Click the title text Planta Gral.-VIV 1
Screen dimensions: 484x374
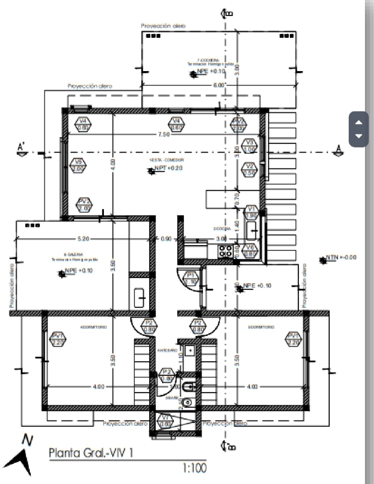[91, 453]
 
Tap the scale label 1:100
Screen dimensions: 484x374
[195, 468]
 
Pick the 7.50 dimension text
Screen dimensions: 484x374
[164, 135]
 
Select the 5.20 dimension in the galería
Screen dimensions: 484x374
[83, 239]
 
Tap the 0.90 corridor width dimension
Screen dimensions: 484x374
[166, 239]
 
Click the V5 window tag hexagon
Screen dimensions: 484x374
[78, 166]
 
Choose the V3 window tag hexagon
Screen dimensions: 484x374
[249, 146]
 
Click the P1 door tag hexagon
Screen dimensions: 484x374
[191, 278]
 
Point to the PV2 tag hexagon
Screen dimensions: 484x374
[84, 205]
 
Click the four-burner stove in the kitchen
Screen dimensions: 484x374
[226, 251]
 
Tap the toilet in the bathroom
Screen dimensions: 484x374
[188, 386]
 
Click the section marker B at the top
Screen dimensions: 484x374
[227, 13]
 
